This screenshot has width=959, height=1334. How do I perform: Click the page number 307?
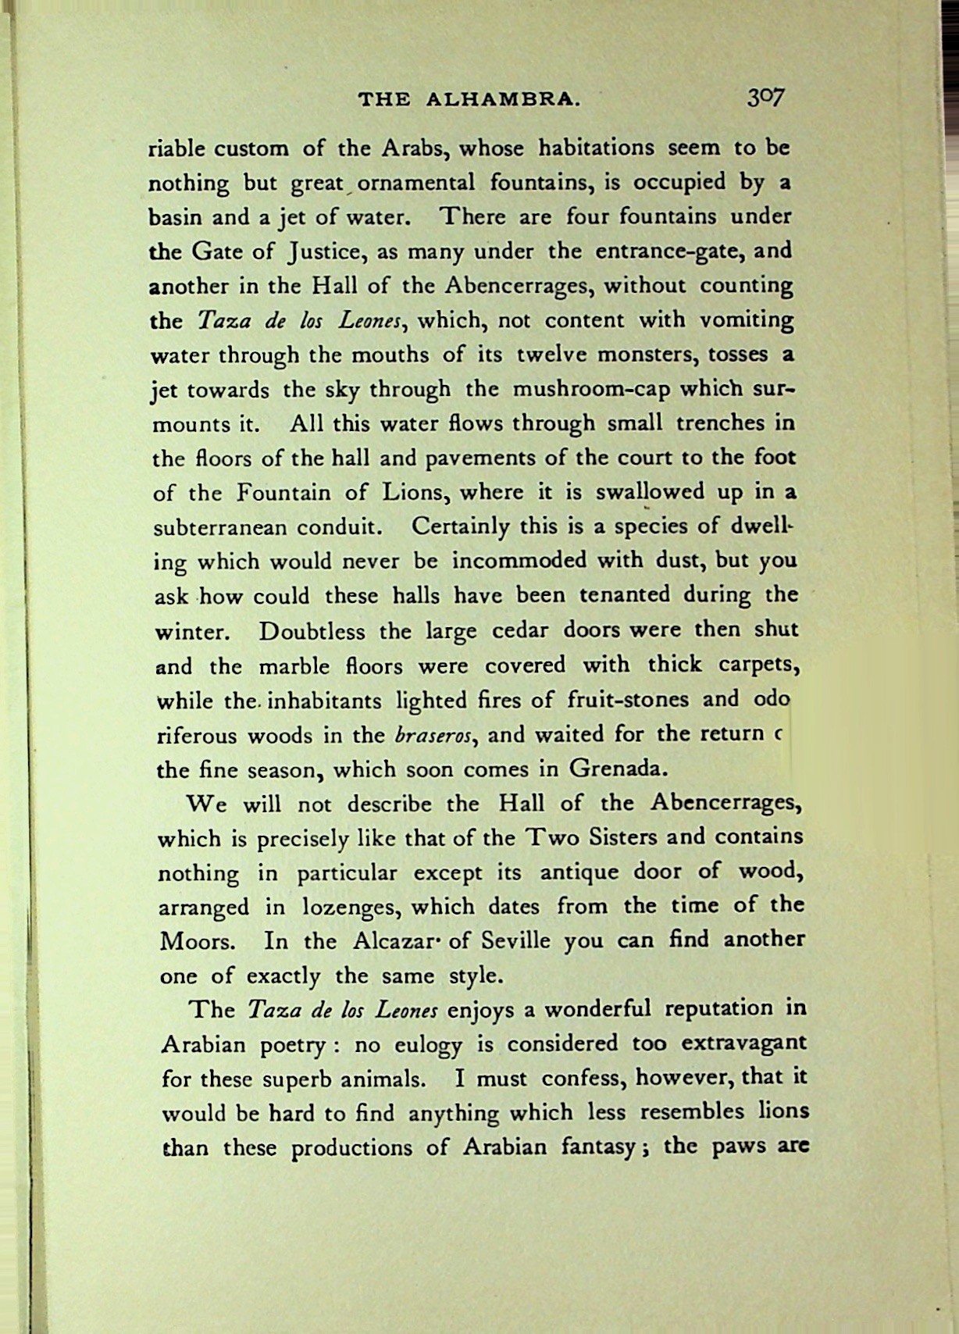[x=765, y=97]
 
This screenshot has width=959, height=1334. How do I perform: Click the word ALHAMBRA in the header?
[x=503, y=99]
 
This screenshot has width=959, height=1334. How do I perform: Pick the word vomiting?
[x=746, y=320]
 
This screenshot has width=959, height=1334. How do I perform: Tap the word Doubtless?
[x=312, y=631]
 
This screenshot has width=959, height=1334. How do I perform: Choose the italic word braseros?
[x=433, y=736]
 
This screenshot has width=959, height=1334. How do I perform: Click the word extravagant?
[x=743, y=1044]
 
